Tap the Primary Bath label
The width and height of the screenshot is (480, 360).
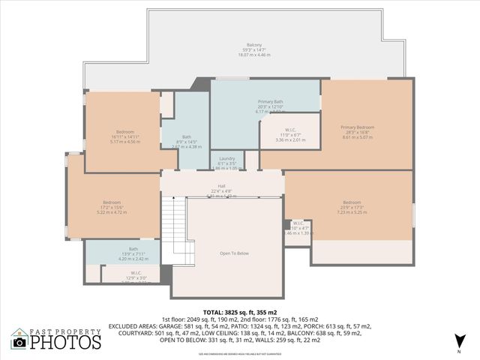click(270, 101)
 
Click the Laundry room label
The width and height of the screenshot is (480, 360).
click(227, 159)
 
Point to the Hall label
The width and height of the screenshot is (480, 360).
click(222, 186)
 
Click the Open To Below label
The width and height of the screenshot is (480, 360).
click(234, 253)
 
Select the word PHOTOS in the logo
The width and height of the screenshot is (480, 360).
click(66, 342)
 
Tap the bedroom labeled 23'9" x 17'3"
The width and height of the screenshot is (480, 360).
click(352, 202)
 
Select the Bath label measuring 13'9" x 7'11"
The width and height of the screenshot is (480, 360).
click(133, 249)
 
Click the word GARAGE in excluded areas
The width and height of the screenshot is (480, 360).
click(180, 326)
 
